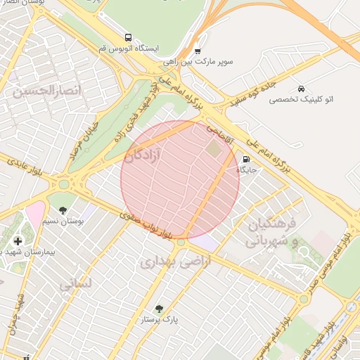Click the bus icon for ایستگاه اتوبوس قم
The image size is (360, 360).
[x=127, y=37]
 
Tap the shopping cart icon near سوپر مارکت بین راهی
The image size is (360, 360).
[x=197, y=51]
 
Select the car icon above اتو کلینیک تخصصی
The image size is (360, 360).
[x=301, y=89]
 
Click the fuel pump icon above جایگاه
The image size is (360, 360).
[x=245, y=159]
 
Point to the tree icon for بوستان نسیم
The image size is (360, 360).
[x=63, y=210]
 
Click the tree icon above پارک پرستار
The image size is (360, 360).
[x=159, y=309]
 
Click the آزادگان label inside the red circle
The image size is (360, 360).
[x=143, y=155]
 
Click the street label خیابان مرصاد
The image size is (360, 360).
[x=82, y=139]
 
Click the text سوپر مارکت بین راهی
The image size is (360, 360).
[x=208, y=62]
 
